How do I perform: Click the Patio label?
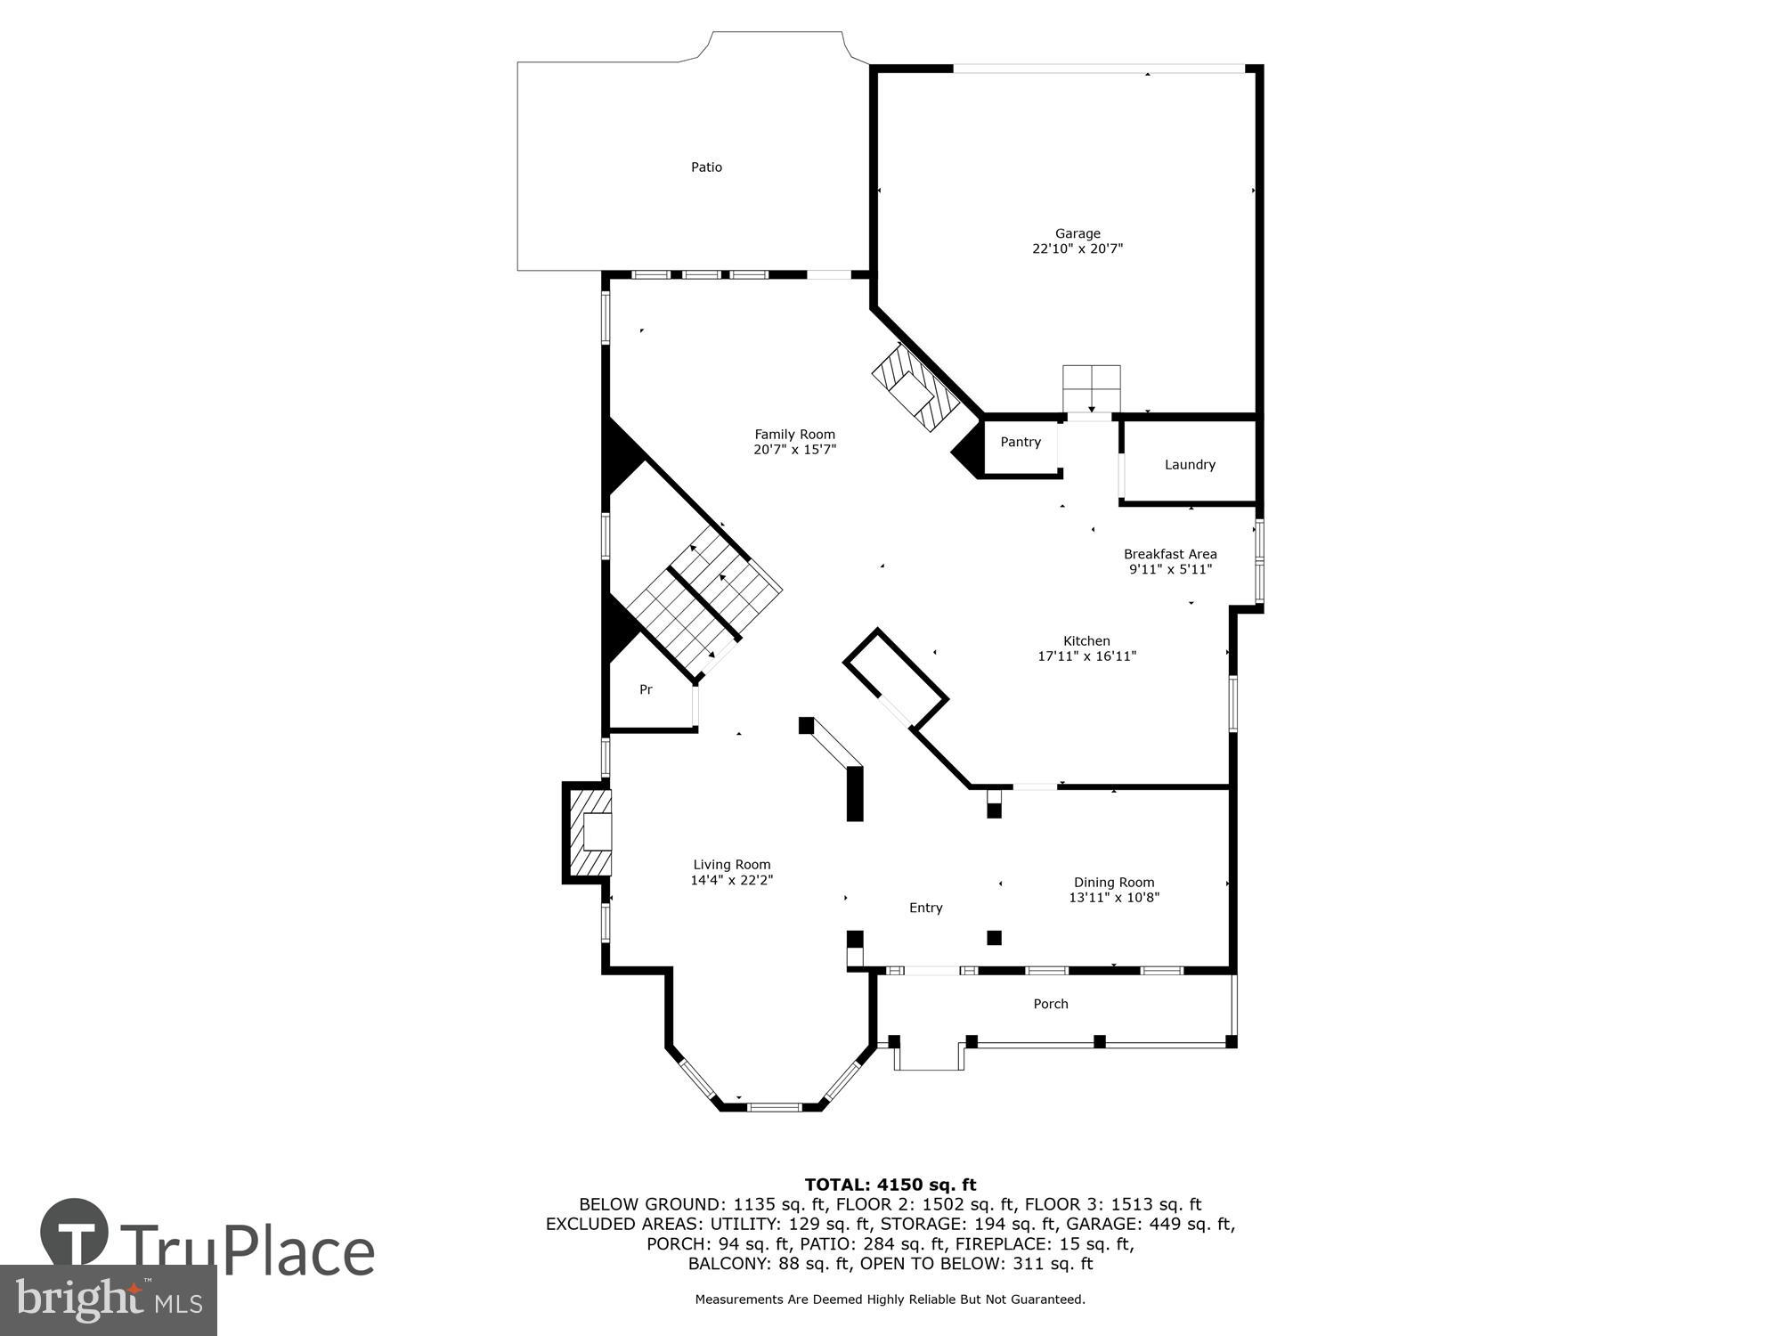tap(706, 167)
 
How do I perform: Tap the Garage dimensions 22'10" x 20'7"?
tap(1078, 249)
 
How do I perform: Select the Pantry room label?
tap(1020, 443)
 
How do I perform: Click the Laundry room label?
tap(1189, 465)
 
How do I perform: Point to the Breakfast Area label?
tap(1169, 554)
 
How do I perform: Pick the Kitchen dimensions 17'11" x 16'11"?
tap(1086, 656)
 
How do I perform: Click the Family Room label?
tap(794, 435)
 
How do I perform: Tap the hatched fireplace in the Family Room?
tap(915, 389)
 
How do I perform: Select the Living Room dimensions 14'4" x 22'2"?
tap(731, 880)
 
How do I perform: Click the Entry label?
tap(925, 908)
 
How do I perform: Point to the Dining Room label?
tap(1113, 883)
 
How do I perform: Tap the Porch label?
tap(1050, 1004)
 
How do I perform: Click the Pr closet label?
tap(646, 690)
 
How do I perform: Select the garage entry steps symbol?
tap(1091, 388)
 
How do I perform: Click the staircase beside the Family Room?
tap(703, 597)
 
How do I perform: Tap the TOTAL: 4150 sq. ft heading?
tap(890, 1185)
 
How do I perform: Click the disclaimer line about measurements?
tap(890, 1299)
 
